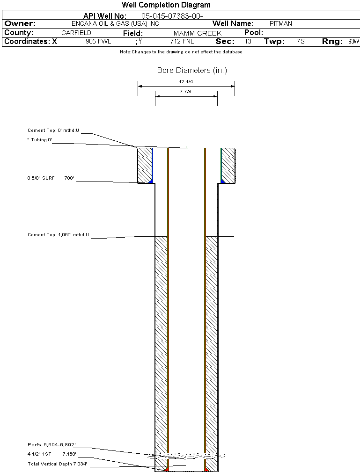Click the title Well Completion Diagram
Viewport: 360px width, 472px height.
pyautogui.click(x=166, y=5)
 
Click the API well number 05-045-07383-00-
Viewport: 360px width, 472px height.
pyautogui.click(x=172, y=16)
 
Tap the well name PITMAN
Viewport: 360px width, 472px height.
pyautogui.click(x=281, y=23)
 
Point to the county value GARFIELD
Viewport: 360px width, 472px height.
pyautogui.click(x=76, y=33)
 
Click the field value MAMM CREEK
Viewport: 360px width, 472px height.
pyautogui.click(x=197, y=33)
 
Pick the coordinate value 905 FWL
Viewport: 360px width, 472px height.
pyautogui.click(x=98, y=42)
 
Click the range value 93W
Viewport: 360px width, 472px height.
pyautogui.click(x=353, y=42)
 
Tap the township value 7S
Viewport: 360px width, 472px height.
pyautogui.click(x=301, y=42)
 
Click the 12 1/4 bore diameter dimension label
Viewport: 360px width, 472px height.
pyautogui.click(x=186, y=82)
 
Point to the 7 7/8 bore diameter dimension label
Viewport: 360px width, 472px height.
pyautogui.click(x=186, y=92)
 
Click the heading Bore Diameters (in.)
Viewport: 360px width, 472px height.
pyautogui.click(x=192, y=71)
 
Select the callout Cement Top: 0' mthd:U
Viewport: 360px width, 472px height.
pyautogui.click(x=53, y=131)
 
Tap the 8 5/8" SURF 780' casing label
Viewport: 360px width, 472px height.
pyautogui.click(x=51, y=178)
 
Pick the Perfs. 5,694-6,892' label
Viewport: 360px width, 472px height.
pyautogui.click(x=51, y=444)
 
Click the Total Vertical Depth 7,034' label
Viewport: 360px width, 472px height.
pyautogui.click(x=57, y=464)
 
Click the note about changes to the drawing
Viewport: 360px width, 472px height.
pyautogui.click(x=181, y=52)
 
